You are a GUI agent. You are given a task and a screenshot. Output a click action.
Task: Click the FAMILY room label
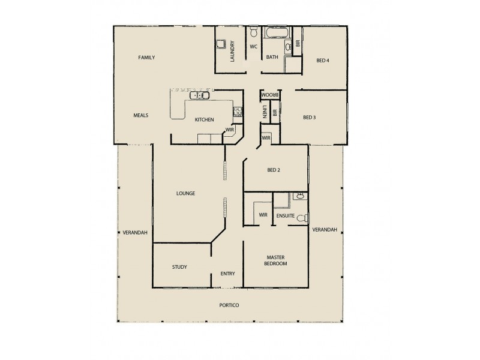point(146,58)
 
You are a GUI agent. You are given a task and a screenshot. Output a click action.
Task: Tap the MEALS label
point(141,115)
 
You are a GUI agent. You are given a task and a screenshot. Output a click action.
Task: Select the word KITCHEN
point(204,120)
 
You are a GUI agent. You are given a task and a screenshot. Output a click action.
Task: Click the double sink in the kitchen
point(200,95)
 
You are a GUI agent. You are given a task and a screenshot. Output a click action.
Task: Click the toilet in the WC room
point(253,32)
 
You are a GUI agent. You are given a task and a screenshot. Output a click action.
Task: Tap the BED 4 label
point(323,60)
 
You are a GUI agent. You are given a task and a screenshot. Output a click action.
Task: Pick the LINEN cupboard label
point(265,112)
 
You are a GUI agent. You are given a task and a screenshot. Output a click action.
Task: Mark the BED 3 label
point(309,118)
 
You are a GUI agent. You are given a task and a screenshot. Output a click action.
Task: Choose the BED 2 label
point(274,170)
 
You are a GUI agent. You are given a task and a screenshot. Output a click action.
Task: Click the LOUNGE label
point(185,193)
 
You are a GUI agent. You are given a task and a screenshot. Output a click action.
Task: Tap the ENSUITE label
point(285,215)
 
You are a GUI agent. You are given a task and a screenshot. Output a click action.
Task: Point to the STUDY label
point(179,267)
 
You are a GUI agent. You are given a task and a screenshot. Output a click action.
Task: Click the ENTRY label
point(227,274)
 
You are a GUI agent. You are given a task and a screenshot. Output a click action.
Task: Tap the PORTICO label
point(229,305)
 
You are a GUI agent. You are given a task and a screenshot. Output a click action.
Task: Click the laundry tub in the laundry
point(221,43)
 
